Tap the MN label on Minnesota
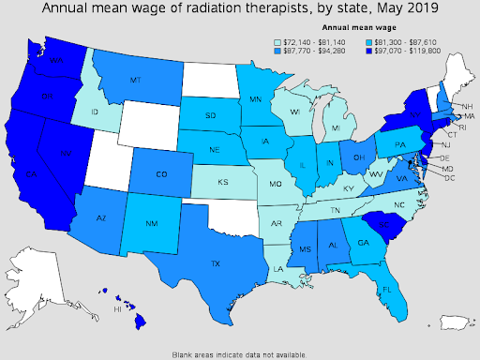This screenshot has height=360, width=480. [x=256, y=98]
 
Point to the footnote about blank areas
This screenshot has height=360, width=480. [x=239, y=354]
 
